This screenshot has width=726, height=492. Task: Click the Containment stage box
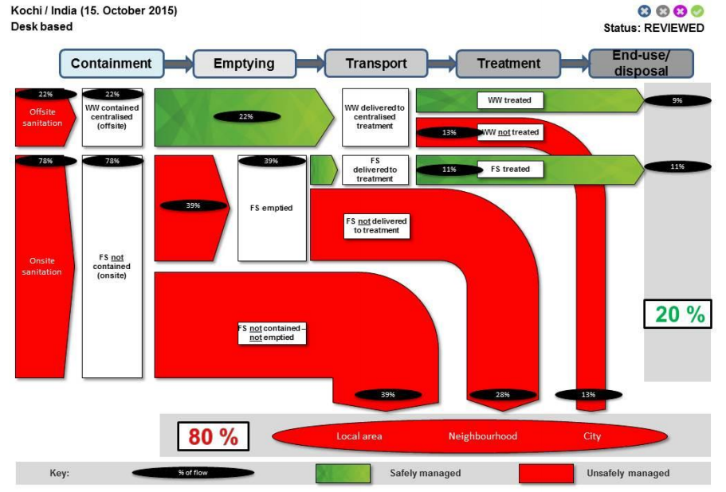click(x=111, y=64)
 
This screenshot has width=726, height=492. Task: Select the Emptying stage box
click(x=243, y=64)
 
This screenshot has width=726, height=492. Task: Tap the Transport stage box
click(x=375, y=64)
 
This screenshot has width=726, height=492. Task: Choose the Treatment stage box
click(x=508, y=64)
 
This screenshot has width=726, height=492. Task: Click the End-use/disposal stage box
click(x=640, y=64)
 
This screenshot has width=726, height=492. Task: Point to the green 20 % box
click(x=678, y=314)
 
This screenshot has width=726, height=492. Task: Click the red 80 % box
click(x=213, y=436)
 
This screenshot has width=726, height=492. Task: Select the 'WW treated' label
click(x=509, y=100)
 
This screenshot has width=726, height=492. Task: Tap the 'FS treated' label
click(x=509, y=169)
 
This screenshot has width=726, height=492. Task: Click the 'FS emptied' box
click(x=272, y=208)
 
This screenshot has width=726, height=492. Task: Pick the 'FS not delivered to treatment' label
click(x=375, y=225)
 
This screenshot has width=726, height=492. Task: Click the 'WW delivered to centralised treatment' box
click(x=375, y=117)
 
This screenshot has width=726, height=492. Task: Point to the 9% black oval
click(x=677, y=101)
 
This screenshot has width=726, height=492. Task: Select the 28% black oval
click(x=502, y=395)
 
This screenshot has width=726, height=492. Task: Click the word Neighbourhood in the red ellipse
click(x=482, y=436)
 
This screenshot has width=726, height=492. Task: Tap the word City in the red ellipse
click(x=591, y=436)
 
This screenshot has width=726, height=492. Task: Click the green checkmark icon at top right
click(x=697, y=11)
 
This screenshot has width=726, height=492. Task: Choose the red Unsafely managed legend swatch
click(x=546, y=473)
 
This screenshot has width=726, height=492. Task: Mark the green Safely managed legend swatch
click(x=343, y=473)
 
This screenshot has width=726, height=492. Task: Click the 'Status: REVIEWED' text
click(x=653, y=28)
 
